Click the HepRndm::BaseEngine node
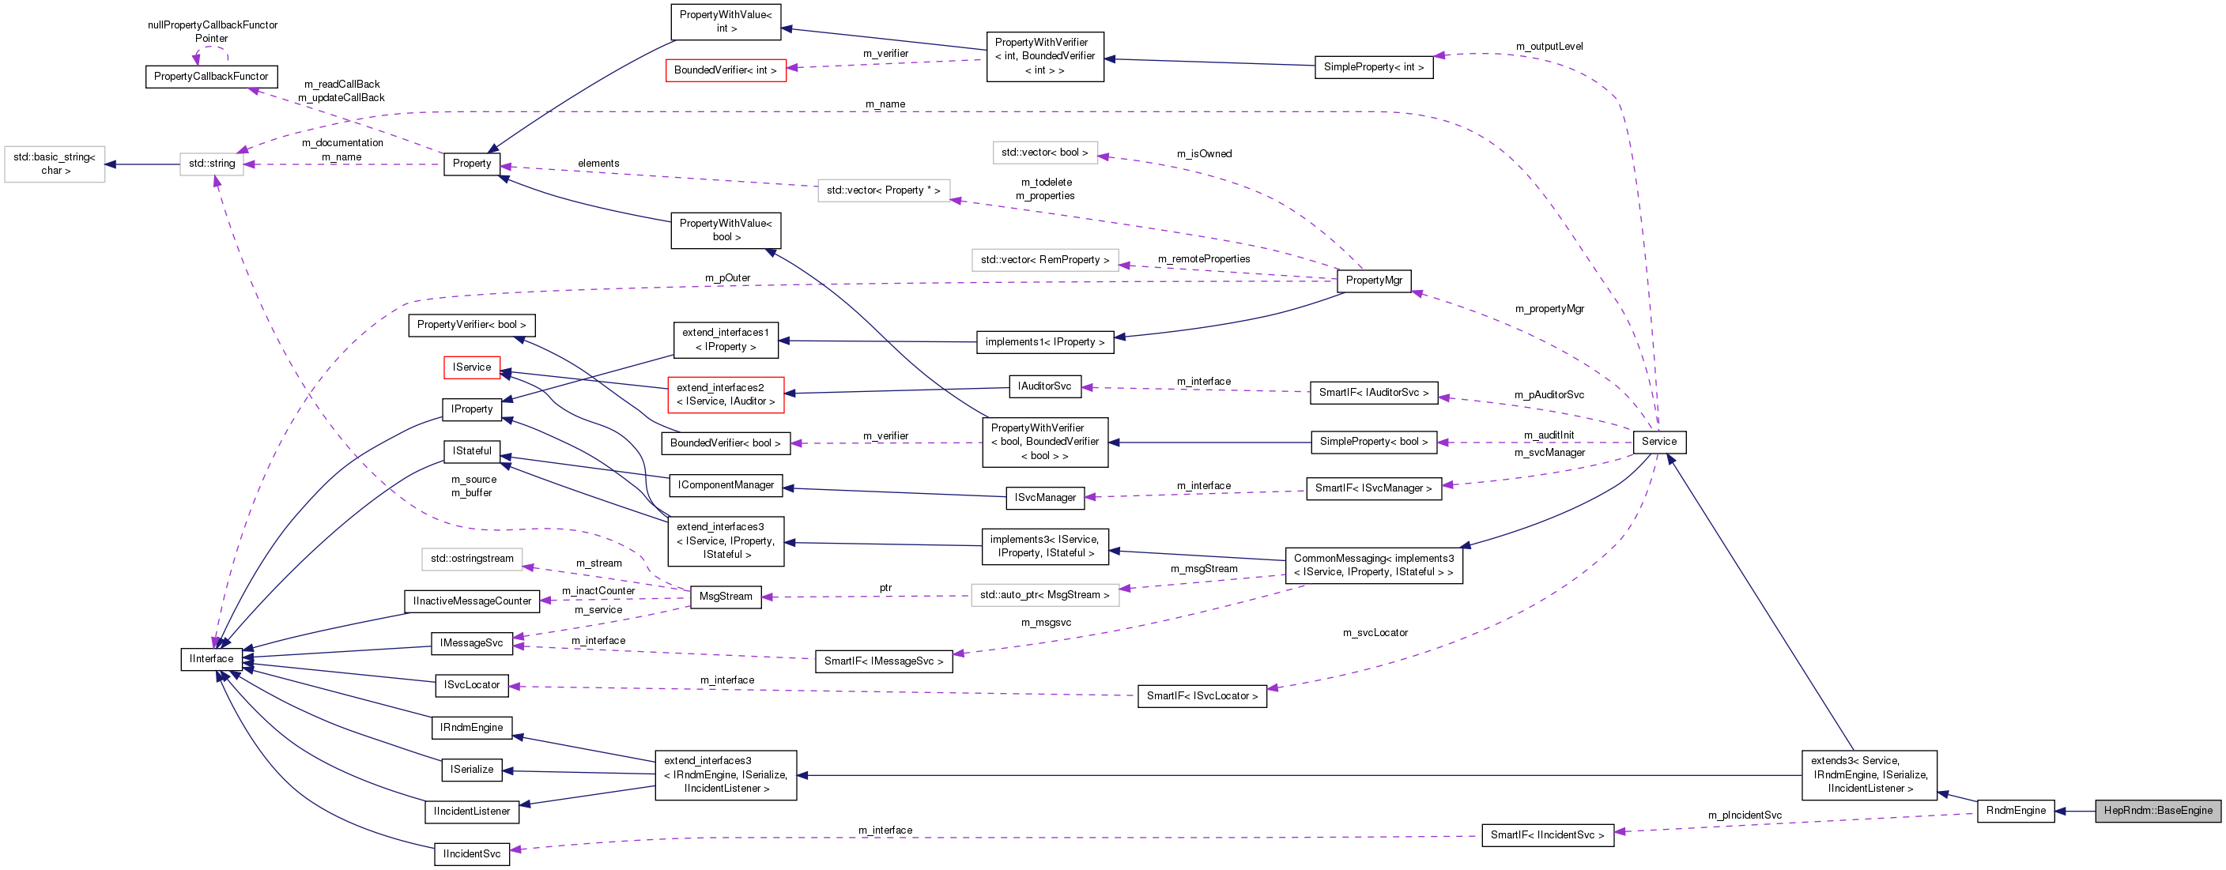click(2157, 811)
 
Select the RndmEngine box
click(2015, 811)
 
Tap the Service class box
click(1658, 442)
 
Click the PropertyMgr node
click(1373, 280)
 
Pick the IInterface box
click(211, 658)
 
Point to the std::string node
click(212, 164)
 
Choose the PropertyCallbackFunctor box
click(211, 76)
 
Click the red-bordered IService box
click(471, 367)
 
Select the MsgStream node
click(725, 596)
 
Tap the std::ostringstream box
click(472, 558)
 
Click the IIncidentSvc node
click(471, 853)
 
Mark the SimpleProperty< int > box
click(1373, 66)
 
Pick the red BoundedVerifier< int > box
click(725, 70)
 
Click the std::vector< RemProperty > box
click(1044, 259)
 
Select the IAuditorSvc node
click(1044, 386)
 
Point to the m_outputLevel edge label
click(1549, 47)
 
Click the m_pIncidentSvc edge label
click(1744, 815)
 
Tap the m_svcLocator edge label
click(1374, 632)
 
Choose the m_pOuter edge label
click(726, 277)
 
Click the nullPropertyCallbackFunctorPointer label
click(212, 31)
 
